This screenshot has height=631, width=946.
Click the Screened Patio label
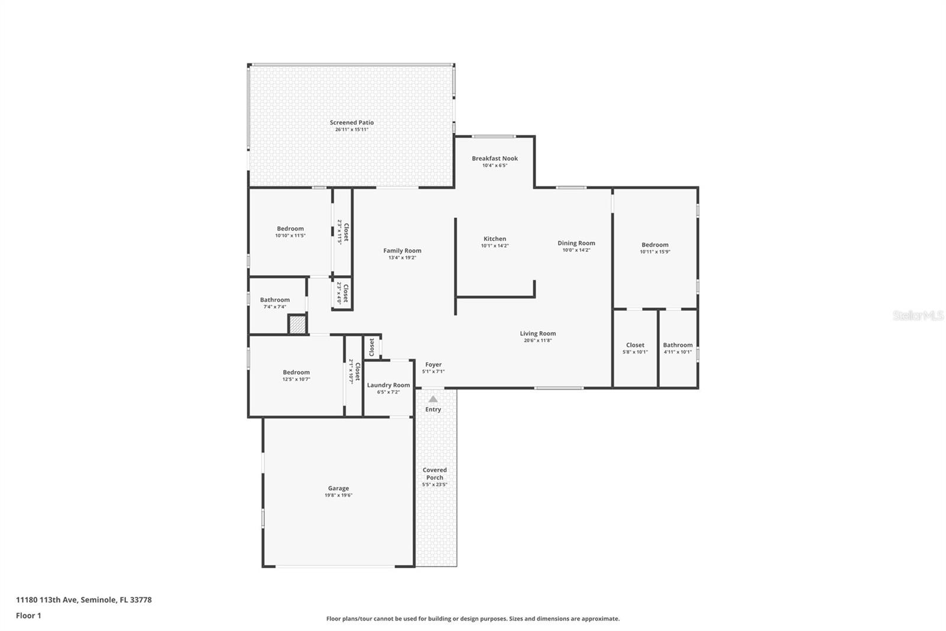pos(352,123)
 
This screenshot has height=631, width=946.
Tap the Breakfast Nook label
pos(495,159)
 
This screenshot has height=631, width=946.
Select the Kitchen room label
pos(495,239)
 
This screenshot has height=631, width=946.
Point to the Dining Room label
pos(576,243)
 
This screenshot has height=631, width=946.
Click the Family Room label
pos(402,251)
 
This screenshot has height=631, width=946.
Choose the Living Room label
pos(538,334)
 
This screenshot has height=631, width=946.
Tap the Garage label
pos(338,489)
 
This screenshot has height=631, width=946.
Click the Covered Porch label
pos(435,474)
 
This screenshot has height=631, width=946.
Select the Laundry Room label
pos(388,385)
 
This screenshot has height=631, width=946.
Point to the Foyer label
pos(433,365)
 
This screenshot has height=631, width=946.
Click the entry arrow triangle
pos(433,399)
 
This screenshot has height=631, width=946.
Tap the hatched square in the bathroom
pos(297,324)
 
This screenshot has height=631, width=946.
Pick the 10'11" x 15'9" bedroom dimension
pos(655,252)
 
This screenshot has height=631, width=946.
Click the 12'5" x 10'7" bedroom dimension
pos(296,379)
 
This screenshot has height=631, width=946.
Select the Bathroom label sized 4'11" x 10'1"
pos(678,345)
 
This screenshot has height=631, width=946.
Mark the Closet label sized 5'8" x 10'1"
pos(635,345)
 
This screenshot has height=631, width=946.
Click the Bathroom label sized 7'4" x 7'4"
pos(275,300)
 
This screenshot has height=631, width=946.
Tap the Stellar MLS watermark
pos(918,315)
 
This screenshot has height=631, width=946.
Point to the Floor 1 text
pos(28,616)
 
